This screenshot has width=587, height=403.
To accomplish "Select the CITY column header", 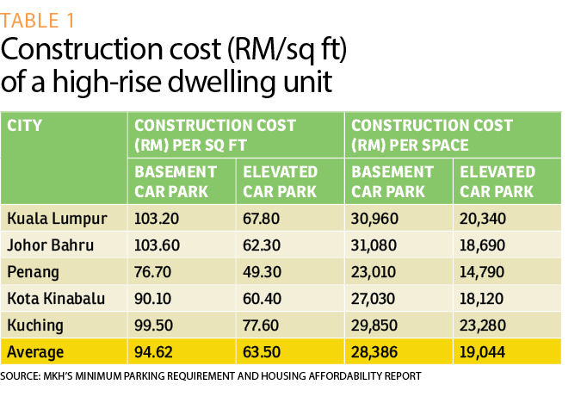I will point(25,126).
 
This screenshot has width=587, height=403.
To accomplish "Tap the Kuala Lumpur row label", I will point(57,219).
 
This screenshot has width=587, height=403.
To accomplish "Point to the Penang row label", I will point(33,272).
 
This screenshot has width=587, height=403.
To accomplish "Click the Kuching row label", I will point(34,325).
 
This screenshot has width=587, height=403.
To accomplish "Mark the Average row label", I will point(36,352).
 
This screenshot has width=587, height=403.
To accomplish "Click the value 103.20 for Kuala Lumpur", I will point(158,219).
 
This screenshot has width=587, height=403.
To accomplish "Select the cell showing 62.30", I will point(263,245).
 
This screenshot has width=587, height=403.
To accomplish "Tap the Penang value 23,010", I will point(376,272).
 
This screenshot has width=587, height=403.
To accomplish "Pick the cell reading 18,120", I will point(485,299).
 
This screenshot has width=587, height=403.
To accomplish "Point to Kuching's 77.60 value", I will point(263,325).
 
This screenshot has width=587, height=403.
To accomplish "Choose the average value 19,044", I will point(485,352).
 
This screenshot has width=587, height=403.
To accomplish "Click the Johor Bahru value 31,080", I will point(376,245).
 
